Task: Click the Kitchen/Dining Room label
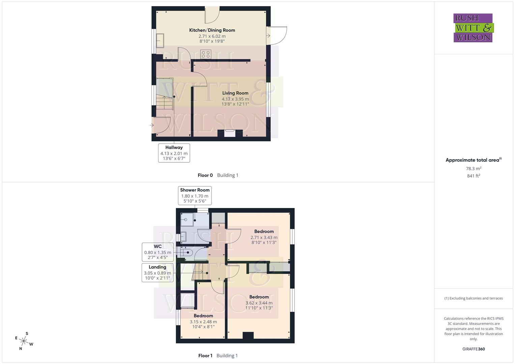pos(212,30)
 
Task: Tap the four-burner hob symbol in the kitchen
pos(206,54)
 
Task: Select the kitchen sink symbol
pos(160,40)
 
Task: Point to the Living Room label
pos(235,93)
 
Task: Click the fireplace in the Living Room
pos(230,133)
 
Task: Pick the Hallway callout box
pos(174,153)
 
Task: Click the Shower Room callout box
pos(195,195)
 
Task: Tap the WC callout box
pos(158,252)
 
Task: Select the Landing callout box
pos(158,273)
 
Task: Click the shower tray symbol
pos(187,219)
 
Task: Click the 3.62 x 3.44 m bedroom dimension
pos(259,303)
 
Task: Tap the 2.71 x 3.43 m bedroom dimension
pos(264,237)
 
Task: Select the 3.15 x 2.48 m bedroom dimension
pos(203,322)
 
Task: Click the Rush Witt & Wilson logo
pos(473,28)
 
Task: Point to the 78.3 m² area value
pos(474,169)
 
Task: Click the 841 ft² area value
pos(474,176)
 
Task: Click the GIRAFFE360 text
pos(474,349)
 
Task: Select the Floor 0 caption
pos(205,175)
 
